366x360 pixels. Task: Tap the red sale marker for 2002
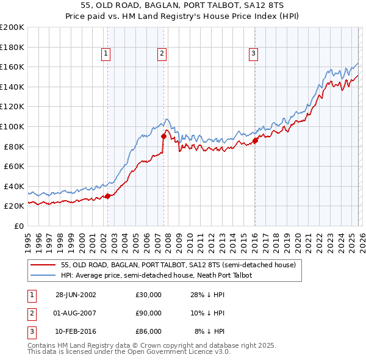(108, 196)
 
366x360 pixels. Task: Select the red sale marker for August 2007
(163, 137)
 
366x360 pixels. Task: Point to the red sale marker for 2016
(255, 140)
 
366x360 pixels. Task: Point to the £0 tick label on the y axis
(18, 226)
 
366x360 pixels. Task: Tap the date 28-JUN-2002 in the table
(76, 295)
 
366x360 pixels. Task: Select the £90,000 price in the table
(148, 313)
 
